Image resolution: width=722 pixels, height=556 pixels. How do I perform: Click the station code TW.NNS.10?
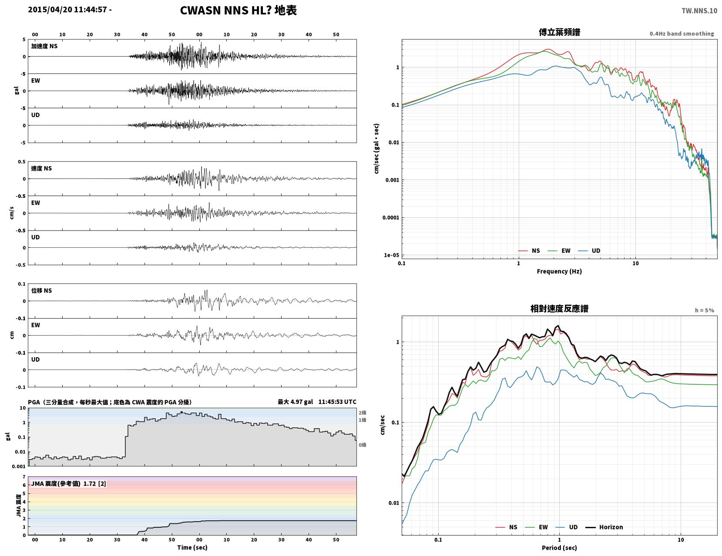click(699, 10)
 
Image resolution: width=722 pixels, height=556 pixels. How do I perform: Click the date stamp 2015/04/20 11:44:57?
click(67, 10)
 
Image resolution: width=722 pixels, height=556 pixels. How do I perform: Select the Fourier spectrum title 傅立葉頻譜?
click(559, 32)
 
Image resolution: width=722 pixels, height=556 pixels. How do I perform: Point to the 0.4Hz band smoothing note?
click(682, 33)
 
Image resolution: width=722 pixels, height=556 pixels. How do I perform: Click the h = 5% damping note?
click(704, 310)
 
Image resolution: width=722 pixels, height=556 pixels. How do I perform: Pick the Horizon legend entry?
click(604, 527)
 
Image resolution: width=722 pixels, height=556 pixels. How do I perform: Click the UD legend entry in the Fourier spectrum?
click(589, 250)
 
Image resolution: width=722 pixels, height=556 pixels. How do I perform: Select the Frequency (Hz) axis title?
click(559, 271)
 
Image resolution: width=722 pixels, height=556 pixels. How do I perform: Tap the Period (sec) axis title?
click(559, 547)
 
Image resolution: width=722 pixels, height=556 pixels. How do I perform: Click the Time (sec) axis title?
click(192, 547)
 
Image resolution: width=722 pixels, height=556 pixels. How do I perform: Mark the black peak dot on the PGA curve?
click(181, 413)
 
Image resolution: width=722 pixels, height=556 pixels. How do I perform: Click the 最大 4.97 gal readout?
click(295, 402)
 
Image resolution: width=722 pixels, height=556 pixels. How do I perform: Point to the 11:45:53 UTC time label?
click(337, 402)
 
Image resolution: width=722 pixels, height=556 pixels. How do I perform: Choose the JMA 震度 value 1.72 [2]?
click(95, 484)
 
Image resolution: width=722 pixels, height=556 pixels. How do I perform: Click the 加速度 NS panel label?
click(44, 46)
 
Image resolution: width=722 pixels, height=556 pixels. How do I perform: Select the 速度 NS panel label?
click(41, 168)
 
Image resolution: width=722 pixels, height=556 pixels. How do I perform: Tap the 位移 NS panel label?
click(41, 290)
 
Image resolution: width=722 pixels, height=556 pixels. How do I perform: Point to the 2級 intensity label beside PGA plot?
click(362, 413)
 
